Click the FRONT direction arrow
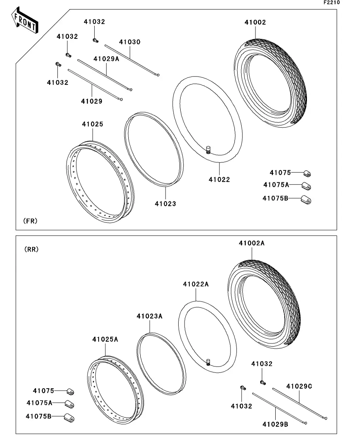pos(25,20)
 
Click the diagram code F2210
pos(332,2)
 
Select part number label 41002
pos(255,22)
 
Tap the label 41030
pos(130,42)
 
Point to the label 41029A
pos(106,59)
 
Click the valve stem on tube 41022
pos(208,150)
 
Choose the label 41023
pos(166,204)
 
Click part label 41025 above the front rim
pos(93,124)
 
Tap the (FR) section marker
pos(30,221)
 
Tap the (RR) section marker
pos(32,250)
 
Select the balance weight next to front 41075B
pos(306,200)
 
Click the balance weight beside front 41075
pos(307,174)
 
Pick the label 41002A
pos(251,243)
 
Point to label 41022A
pos(196,284)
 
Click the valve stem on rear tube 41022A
pos(208,362)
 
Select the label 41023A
pos(150,316)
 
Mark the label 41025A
pos(105,340)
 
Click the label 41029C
pos(299,387)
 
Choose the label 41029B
pos(275,424)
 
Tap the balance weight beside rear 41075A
pos(70,405)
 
